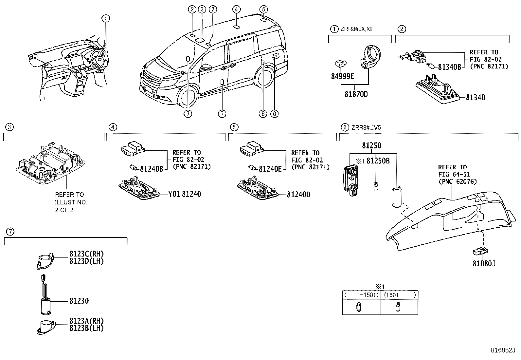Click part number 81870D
(356, 94)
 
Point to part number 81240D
(298, 195)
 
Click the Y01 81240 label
(185, 194)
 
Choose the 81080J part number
(484, 263)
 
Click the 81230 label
(79, 301)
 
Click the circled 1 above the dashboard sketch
(105, 19)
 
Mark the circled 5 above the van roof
(264, 9)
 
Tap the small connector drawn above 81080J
(480, 251)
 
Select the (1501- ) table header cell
(400, 295)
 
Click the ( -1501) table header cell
(361, 295)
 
